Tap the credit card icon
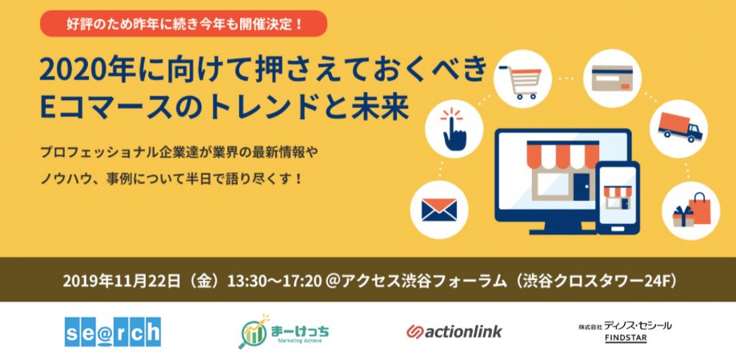612,78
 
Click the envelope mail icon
439,210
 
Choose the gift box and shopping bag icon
691,210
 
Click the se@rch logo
113,332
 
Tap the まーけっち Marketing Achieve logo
283,332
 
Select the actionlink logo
454,331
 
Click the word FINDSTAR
625,338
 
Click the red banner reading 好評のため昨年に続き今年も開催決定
183,23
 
